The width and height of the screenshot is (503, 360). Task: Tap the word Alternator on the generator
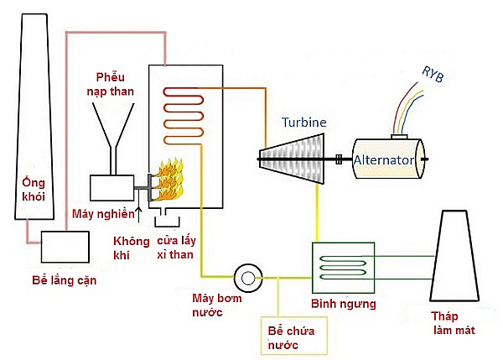tap(384, 159)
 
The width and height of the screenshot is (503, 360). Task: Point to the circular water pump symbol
tap(249, 276)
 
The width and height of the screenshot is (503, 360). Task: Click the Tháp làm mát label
tap(451, 324)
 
